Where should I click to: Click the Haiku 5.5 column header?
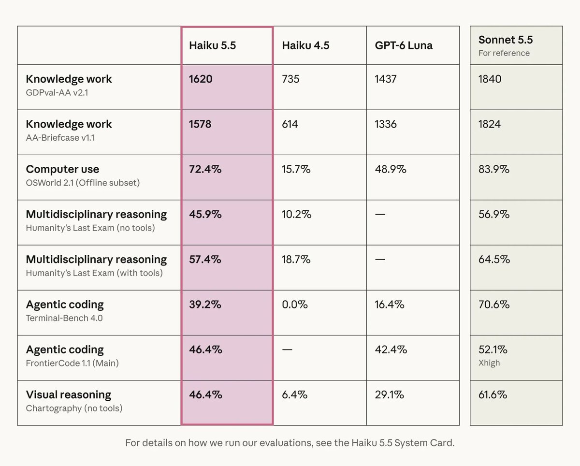click(x=212, y=45)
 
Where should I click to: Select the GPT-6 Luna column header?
click(x=404, y=45)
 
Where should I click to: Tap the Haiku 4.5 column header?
click(x=305, y=45)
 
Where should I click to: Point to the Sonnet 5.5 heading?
click(x=506, y=40)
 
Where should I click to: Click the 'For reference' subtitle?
click(x=504, y=53)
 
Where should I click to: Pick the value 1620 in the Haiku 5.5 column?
click(x=201, y=79)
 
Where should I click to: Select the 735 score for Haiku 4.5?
click(x=290, y=79)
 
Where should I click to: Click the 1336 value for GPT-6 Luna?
click(x=385, y=124)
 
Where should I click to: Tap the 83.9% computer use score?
click(x=494, y=169)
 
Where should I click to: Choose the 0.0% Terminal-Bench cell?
click(x=294, y=305)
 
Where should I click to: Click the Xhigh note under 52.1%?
click(x=489, y=363)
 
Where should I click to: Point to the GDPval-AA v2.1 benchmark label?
click(x=57, y=92)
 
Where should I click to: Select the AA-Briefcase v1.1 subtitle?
click(x=60, y=138)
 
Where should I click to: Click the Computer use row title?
click(x=62, y=169)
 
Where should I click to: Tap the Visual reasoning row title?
click(x=69, y=395)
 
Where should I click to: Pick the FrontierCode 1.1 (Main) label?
click(x=72, y=363)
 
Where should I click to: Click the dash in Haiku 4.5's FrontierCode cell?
click(x=287, y=349)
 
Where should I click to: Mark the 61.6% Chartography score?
click(x=493, y=395)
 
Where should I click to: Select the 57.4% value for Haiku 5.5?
click(x=205, y=259)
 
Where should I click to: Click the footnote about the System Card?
click(x=290, y=443)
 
